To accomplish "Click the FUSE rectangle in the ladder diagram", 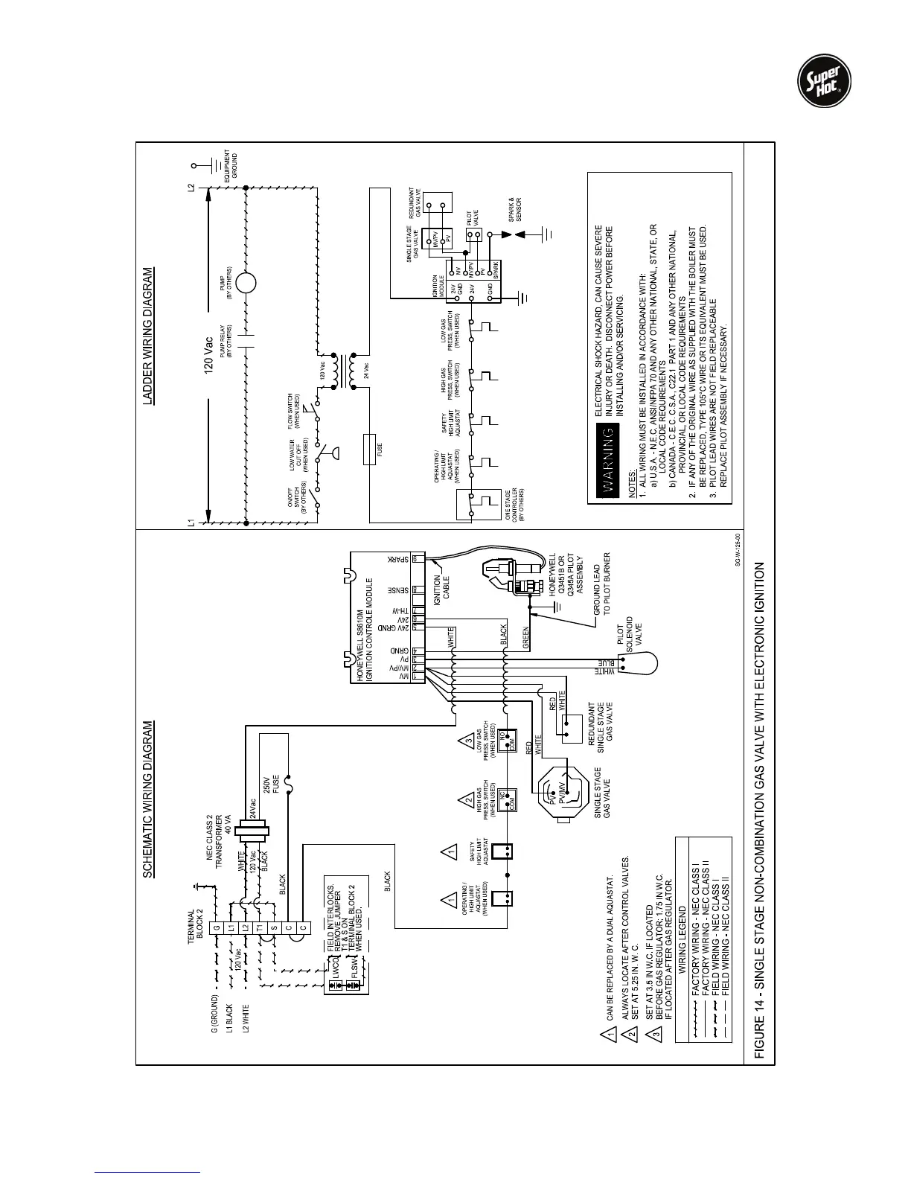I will (369, 450).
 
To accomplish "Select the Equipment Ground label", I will (231, 165).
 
